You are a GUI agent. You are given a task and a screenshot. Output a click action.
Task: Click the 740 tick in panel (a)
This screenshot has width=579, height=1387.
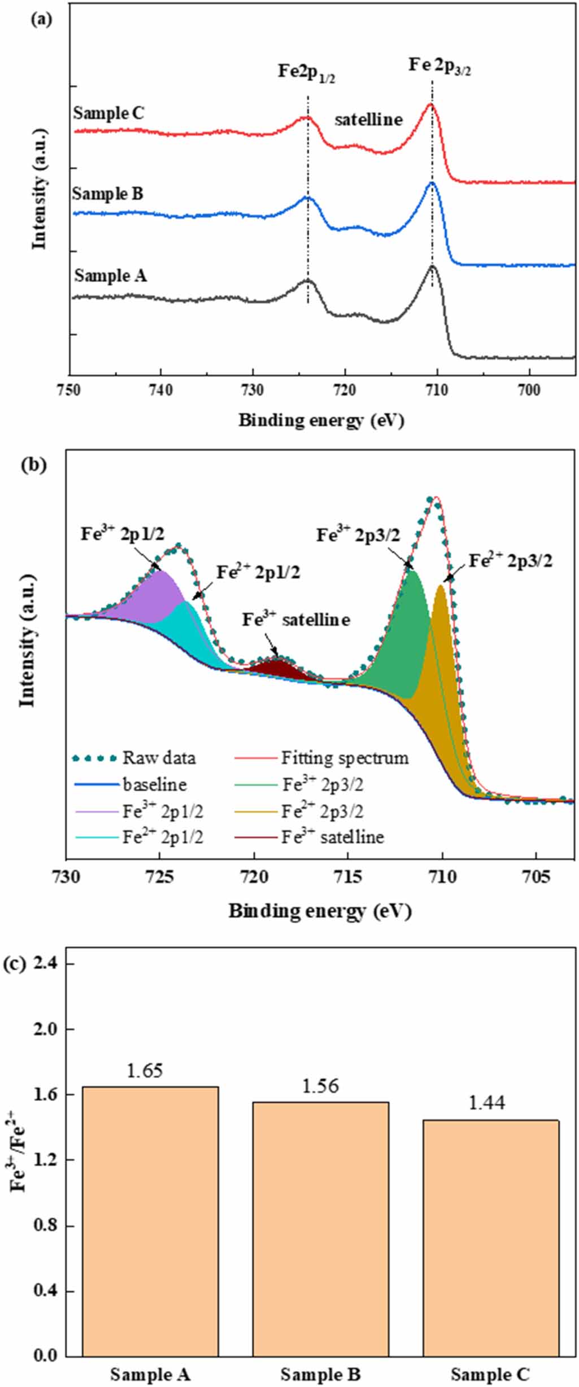tap(161, 390)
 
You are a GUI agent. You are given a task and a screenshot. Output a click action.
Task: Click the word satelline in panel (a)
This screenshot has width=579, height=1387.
tap(368, 120)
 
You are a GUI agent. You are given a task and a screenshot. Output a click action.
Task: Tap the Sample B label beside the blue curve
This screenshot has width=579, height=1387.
tap(107, 194)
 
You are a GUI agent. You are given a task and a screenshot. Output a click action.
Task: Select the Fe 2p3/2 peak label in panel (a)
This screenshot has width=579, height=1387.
tap(439, 67)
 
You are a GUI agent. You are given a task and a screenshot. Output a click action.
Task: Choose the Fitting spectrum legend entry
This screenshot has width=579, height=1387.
tap(322, 758)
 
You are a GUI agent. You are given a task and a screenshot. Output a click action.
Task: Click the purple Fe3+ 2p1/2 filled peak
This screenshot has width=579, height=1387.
tap(155, 592)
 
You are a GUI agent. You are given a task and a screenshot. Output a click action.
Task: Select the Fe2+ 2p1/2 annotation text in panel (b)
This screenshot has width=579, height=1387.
tap(258, 573)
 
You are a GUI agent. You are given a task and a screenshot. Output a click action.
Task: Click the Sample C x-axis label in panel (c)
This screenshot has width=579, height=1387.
tap(490, 1374)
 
